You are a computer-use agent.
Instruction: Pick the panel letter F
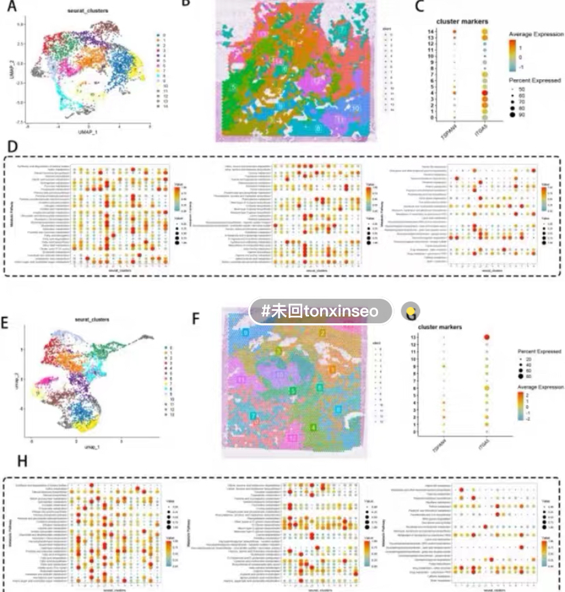click(x=197, y=318)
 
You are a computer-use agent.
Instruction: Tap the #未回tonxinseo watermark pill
click(x=321, y=311)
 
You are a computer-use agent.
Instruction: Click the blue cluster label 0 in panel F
click(x=246, y=332)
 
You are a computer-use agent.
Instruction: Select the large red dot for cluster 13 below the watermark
click(x=487, y=336)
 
